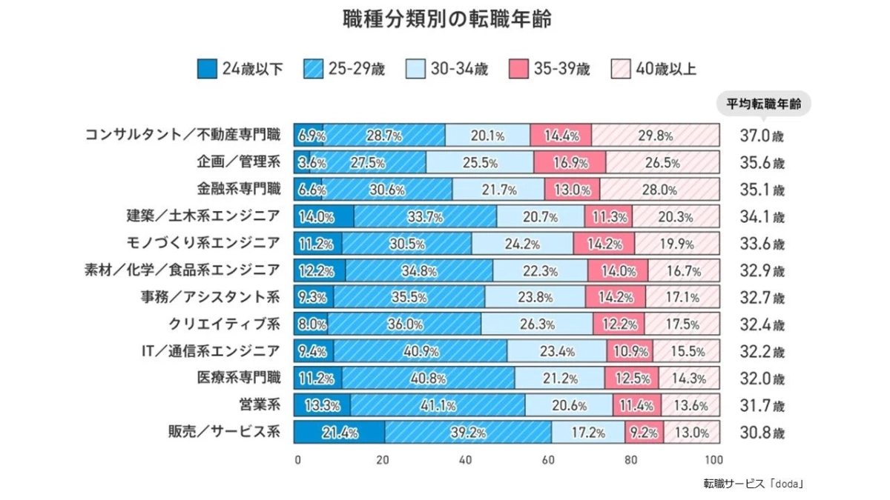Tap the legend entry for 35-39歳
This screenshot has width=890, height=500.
click(x=549, y=70)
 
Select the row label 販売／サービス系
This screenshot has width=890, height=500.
click(x=224, y=432)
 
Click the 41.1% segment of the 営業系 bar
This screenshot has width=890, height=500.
click(x=438, y=405)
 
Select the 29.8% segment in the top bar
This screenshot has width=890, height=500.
click(x=655, y=136)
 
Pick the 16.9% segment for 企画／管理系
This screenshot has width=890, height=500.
click(x=570, y=162)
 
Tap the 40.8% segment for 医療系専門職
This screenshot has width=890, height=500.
click(x=428, y=379)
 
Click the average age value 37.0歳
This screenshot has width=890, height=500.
click(x=761, y=136)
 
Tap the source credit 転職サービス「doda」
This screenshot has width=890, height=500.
click(x=754, y=484)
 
